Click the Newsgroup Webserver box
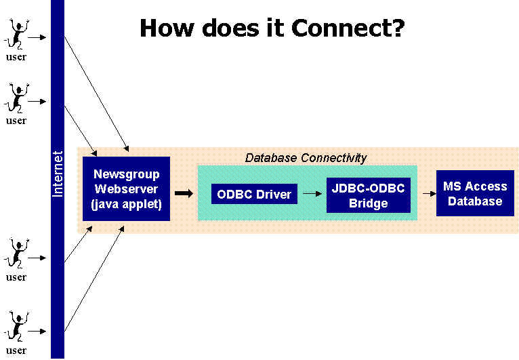click(126, 188)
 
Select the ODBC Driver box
click(254, 194)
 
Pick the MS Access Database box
click(474, 193)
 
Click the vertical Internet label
click(58, 174)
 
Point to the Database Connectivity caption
click(306, 158)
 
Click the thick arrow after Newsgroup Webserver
click(183, 194)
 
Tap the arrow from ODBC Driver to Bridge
click(311, 194)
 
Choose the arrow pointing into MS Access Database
click(428, 193)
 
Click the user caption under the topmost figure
click(16, 57)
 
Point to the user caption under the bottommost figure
click(16, 351)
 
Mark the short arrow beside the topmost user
click(37, 37)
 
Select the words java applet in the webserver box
click(126, 204)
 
